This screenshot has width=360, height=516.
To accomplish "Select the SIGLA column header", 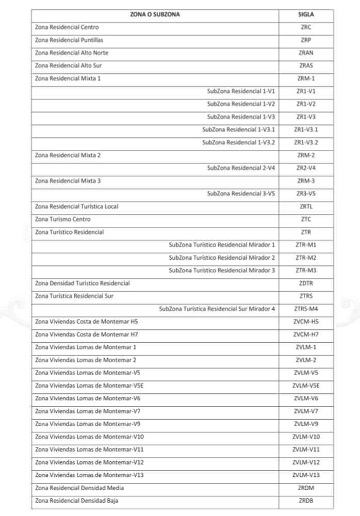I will (x=306, y=14).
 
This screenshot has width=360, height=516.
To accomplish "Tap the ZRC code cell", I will (x=306, y=27).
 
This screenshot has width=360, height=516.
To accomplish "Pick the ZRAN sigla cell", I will (x=306, y=53).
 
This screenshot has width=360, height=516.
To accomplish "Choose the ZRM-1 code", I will (x=306, y=78).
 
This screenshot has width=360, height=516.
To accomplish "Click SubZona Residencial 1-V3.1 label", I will (x=238, y=129).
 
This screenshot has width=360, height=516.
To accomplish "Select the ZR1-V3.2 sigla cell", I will (x=306, y=142).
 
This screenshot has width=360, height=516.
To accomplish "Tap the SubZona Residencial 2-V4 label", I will (x=241, y=168).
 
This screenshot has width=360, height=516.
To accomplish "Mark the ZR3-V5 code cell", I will (x=306, y=194).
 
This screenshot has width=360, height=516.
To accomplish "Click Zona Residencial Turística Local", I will (x=76, y=207).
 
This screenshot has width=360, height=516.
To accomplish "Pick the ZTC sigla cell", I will (x=306, y=219).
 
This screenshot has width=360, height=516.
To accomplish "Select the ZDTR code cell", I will (x=306, y=283).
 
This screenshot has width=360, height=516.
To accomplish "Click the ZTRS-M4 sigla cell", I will (x=306, y=309).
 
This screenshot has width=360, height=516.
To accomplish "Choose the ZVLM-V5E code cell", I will (x=306, y=386).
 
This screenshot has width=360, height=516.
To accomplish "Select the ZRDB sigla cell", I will (x=306, y=501).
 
